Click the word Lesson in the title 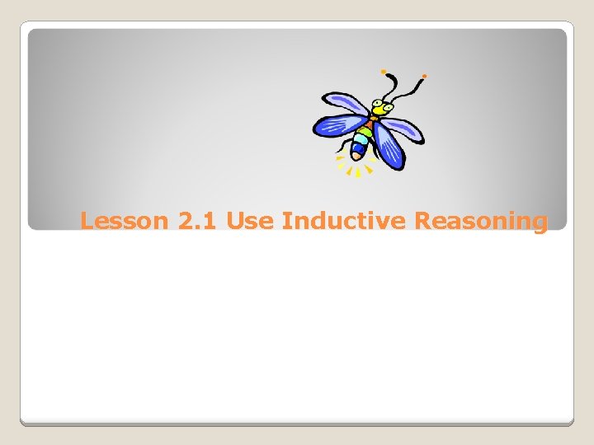coord(125,222)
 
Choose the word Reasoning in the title coord(481,222)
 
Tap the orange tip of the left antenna coord(384,72)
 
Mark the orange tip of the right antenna coord(424,76)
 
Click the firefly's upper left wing coord(345,104)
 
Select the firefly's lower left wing coord(335,124)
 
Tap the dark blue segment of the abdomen coord(361,143)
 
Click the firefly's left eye coord(375,105)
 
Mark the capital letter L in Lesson coord(87,222)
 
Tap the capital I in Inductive coord(285,222)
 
